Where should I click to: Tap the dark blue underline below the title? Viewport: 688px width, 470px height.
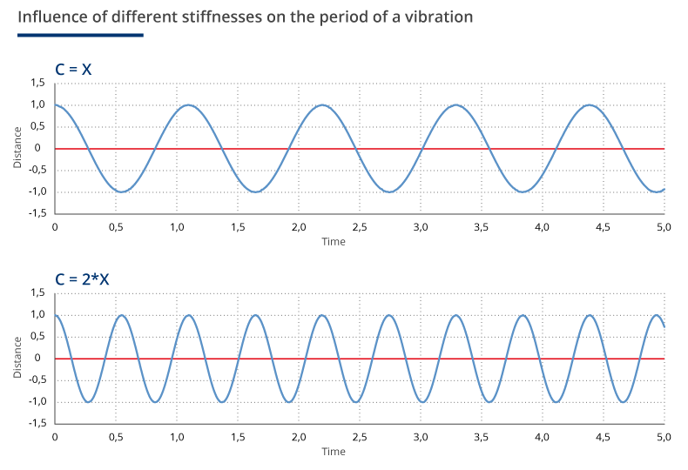click(x=80, y=35)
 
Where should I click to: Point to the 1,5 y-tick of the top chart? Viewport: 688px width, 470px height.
click(x=37, y=83)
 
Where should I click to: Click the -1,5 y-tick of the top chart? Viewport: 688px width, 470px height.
click(x=36, y=213)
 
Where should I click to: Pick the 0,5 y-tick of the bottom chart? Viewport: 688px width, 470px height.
click(x=37, y=336)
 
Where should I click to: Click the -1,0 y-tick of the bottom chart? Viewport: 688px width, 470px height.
click(x=36, y=401)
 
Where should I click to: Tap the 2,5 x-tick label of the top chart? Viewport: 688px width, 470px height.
click(x=360, y=226)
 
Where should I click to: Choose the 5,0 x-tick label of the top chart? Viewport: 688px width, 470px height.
click(x=664, y=226)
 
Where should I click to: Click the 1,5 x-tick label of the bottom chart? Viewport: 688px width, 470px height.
click(x=238, y=437)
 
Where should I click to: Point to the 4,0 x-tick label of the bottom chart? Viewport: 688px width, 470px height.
click(x=543, y=437)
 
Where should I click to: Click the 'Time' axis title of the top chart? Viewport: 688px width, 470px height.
click(x=334, y=241)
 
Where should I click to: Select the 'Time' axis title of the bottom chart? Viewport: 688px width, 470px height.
click(x=334, y=452)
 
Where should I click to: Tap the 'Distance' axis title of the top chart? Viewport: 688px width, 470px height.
click(x=17, y=148)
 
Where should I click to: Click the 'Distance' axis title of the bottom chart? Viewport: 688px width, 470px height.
click(x=17, y=359)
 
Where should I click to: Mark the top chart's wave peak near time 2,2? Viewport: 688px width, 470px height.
click(x=323, y=105)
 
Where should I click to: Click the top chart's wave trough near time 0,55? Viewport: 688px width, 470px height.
click(x=122, y=191)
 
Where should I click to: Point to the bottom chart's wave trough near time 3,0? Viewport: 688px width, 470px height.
click(x=422, y=401)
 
